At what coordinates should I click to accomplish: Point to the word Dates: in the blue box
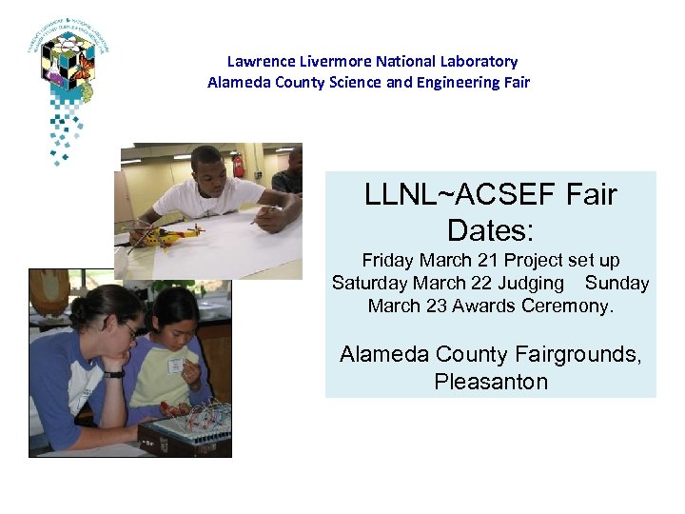(x=490, y=230)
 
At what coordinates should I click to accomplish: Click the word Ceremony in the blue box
(x=570, y=306)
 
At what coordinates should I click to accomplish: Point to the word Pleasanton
(x=491, y=383)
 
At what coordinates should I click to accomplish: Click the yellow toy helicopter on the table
(x=171, y=233)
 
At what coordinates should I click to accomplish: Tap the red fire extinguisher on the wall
(x=238, y=166)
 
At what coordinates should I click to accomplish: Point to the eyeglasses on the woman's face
(x=128, y=330)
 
